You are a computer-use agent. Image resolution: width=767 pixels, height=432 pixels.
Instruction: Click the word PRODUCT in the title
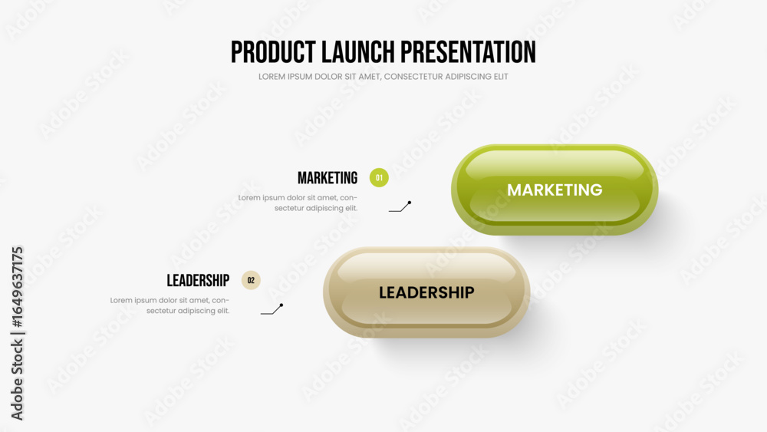[273, 52]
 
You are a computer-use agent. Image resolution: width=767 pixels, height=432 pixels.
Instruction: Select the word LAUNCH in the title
[358, 52]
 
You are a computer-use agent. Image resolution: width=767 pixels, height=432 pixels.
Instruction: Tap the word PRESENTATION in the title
[468, 52]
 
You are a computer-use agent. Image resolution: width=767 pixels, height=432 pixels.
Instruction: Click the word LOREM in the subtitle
[271, 77]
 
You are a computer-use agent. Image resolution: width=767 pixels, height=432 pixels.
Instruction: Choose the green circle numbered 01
[379, 177]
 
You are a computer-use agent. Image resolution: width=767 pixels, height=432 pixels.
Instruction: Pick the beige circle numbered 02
[251, 280]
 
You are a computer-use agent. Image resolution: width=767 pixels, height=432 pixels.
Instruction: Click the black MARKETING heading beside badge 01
[328, 178]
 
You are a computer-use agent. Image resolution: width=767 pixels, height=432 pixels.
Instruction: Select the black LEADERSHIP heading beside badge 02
[198, 281]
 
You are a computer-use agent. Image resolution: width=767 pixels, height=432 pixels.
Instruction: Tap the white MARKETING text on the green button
[555, 190]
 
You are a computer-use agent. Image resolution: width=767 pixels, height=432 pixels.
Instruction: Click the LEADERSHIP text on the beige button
[426, 292]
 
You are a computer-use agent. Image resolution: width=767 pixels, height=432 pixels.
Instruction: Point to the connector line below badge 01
[400, 207]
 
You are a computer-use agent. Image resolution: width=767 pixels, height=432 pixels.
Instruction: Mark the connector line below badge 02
[272, 309]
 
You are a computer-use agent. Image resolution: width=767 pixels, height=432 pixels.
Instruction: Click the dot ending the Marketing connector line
[410, 202]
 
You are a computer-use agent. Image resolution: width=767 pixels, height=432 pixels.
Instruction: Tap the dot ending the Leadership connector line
[281, 305]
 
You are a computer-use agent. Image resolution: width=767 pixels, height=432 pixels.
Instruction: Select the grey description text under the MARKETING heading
[298, 203]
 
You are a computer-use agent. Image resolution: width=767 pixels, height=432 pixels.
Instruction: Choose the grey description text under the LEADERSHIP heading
[170, 305]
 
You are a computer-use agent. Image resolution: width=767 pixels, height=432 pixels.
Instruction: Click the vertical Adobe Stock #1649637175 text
[17, 333]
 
